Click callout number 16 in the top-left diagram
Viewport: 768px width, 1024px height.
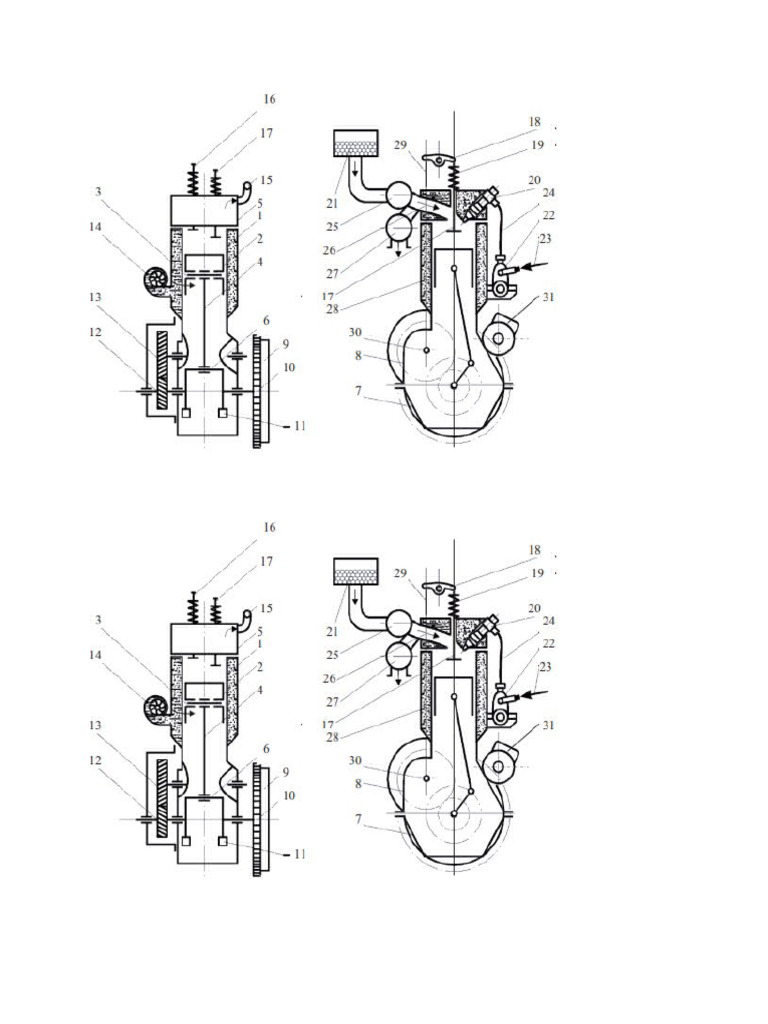pyautogui.click(x=269, y=99)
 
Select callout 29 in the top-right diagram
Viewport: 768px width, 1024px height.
pyautogui.click(x=400, y=145)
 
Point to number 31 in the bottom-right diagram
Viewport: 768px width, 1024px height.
pyautogui.click(x=548, y=725)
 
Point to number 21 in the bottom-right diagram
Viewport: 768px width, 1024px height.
pyautogui.click(x=333, y=632)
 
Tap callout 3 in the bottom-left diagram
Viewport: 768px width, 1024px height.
pyautogui.click(x=98, y=619)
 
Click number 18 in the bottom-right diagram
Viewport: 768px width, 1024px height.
pyautogui.click(x=535, y=550)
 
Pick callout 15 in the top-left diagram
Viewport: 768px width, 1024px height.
pyautogui.click(x=266, y=180)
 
